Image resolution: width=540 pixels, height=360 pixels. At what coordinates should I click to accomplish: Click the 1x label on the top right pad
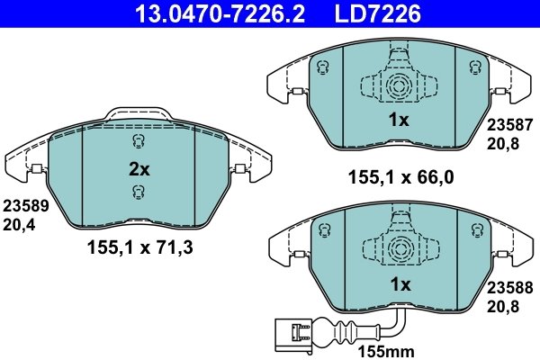point(399,120)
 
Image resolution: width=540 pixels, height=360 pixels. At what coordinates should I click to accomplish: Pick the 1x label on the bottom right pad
point(399,284)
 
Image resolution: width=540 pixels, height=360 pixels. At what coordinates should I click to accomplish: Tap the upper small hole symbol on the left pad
point(137,140)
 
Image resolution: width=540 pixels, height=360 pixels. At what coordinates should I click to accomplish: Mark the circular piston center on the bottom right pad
point(399,250)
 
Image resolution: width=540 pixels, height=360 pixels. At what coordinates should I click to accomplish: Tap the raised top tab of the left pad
point(137,112)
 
